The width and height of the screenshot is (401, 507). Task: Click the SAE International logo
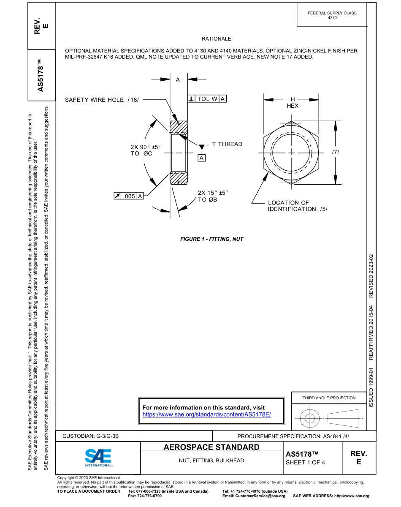coord(98,458)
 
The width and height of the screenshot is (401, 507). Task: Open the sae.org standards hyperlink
coord(206,414)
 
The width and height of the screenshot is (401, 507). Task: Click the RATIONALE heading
coord(216,39)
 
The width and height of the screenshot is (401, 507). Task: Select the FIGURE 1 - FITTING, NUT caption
coord(211,239)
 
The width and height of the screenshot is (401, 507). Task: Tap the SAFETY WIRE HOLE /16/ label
coord(101,100)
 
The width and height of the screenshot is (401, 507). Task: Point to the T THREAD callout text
coord(227,144)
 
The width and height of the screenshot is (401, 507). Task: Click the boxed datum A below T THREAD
coord(202,158)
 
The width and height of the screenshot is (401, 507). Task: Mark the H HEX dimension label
coord(292,103)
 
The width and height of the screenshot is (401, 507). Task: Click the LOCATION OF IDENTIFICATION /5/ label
coord(297,206)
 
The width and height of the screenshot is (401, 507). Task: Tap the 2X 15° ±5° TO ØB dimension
coord(213,196)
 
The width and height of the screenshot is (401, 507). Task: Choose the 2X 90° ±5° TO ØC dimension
coord(146,150)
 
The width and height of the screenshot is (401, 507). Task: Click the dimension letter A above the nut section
coord(178,79)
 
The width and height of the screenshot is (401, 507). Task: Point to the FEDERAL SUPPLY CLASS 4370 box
coord(332,15)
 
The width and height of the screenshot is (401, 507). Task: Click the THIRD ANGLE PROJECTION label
coord(329,398)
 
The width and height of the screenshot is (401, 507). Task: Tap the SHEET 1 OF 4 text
coord(305,462)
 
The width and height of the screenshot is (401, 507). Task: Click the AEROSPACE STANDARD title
coord(211,447)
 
